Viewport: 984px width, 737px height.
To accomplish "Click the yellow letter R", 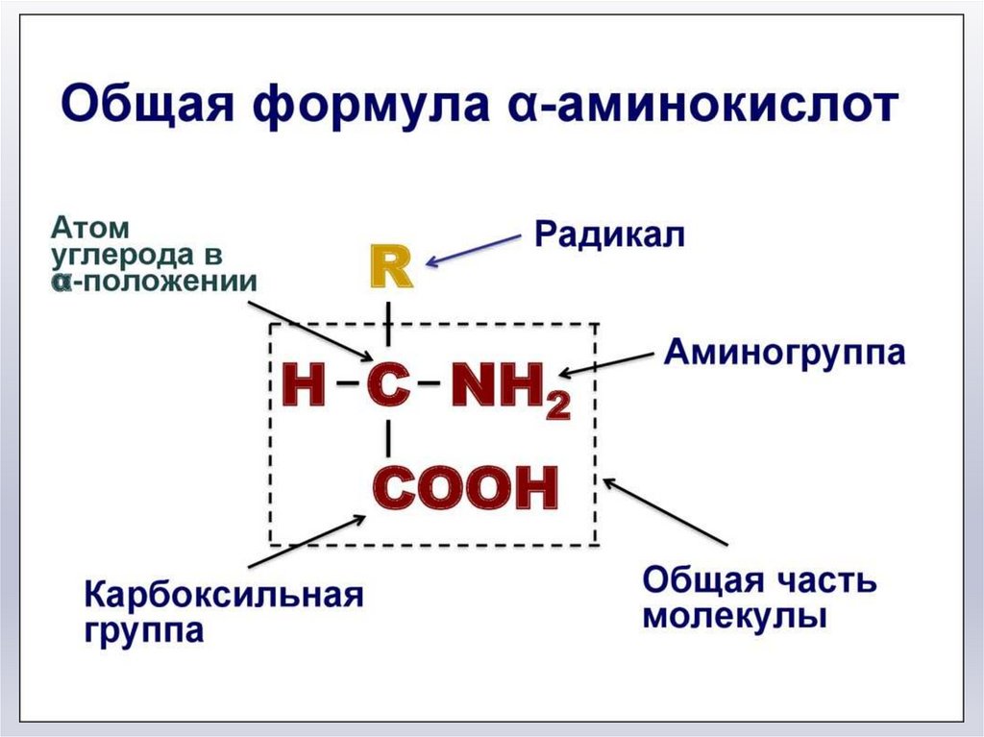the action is (390, 268).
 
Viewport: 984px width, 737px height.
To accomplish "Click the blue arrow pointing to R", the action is (476, 247).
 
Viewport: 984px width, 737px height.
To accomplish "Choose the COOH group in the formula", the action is (465, 488).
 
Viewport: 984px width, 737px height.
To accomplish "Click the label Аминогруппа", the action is (784, 353).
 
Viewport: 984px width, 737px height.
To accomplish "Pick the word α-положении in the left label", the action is (156, 282).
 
